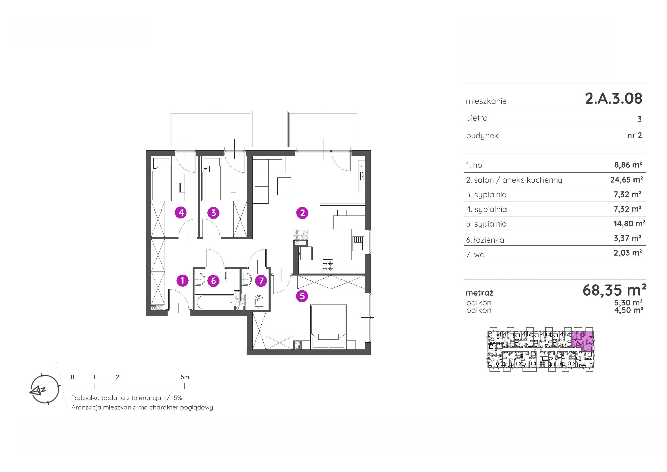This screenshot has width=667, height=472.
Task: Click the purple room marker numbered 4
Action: click(x=181, y=213)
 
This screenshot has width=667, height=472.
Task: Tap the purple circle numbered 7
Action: click(x=261, y=281)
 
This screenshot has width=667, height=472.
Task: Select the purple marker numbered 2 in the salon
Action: click(x=302, y=213)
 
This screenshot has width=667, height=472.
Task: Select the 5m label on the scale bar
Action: click(x=185, y=377)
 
